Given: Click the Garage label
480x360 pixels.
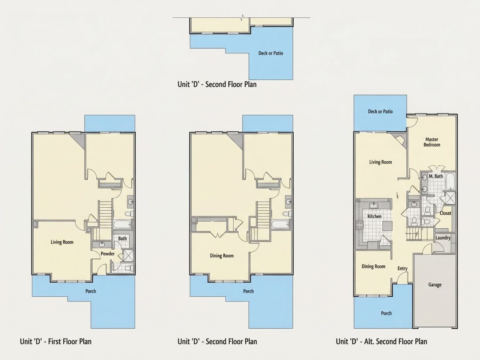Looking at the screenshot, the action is coord(435,285).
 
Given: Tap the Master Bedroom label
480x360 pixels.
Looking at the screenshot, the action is coord(432,142).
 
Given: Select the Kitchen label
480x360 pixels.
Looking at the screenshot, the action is coord(374,216).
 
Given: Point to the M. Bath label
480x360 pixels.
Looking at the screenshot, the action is coord(436,176).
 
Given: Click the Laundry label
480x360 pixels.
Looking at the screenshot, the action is coord(443,238).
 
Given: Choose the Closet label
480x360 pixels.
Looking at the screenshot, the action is coord(446,213).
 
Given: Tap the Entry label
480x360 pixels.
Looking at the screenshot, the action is coord(403,268).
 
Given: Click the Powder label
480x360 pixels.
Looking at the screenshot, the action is coord(108,254).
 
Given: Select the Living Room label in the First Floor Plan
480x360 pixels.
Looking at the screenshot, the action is coord(62,242).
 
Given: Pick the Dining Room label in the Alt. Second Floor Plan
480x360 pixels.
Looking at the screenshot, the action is coord(374,266).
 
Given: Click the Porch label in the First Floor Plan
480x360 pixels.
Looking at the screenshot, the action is coord(91,291).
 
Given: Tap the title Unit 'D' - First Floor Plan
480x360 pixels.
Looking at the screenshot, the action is coord(56,341).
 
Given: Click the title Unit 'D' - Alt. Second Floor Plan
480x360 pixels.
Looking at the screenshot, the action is coord(381,341).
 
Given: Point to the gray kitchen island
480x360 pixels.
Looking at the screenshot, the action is coord(387,226).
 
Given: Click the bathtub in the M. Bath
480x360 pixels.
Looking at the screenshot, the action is coord(451,181).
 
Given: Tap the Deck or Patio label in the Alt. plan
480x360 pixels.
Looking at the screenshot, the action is coord(380,111).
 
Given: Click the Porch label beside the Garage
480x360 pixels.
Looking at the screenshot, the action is coord(386,313).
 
